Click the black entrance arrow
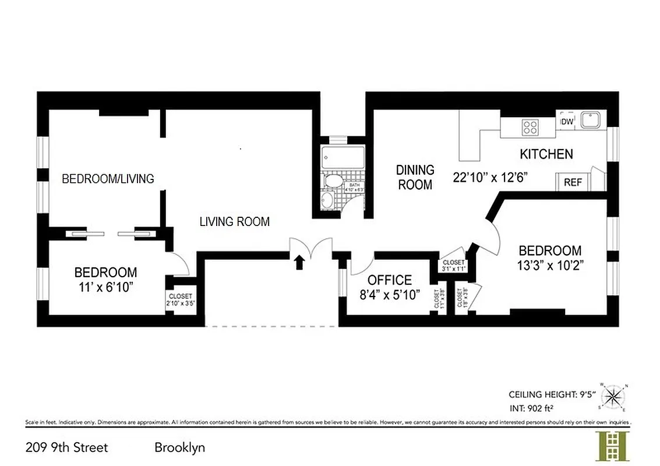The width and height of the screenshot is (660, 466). point(300,262)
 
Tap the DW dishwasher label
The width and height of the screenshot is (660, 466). point(566,122)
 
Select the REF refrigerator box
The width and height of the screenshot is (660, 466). point(573,182)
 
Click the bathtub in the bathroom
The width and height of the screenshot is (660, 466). point(343,157)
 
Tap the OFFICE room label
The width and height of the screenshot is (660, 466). point(389,280)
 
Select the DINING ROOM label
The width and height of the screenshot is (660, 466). point(415,177)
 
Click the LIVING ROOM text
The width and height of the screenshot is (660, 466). point(234,222)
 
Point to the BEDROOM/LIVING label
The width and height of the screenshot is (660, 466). point(108,178)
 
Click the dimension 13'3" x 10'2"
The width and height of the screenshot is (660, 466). point(550,264)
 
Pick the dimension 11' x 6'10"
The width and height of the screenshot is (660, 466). point(105,286)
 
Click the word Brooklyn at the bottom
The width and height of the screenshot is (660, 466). point(179,448)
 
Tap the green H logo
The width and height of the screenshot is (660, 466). point(610,446)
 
